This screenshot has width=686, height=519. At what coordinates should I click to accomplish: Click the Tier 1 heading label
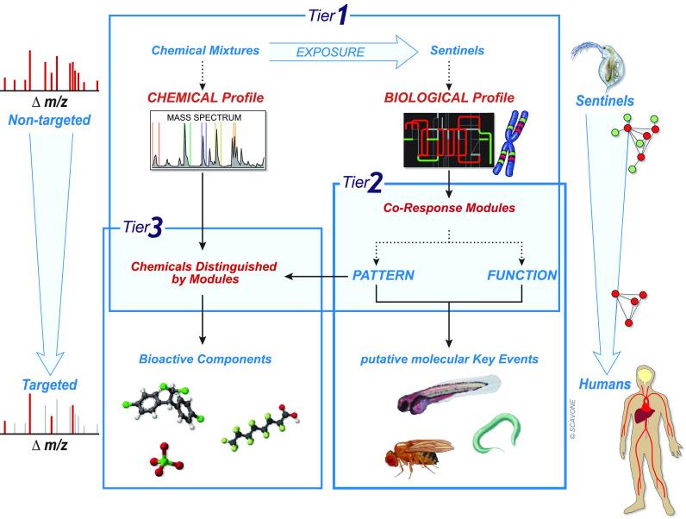(328, 16)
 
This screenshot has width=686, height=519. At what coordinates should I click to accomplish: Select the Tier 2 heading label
(363, 183)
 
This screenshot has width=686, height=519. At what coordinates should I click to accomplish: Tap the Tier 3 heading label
(142, 228)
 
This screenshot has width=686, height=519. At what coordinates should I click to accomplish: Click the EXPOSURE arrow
(344, 52)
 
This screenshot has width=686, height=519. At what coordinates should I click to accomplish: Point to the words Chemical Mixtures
(205, 50)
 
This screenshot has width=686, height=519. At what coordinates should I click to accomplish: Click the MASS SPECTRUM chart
(209, 140)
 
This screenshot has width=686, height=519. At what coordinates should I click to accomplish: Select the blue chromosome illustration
(511, 143)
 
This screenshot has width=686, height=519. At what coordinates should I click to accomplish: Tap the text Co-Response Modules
(449, 208)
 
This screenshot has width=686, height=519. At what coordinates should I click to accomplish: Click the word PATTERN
(384, 275)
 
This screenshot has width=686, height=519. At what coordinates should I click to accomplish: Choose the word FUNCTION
(522, 275)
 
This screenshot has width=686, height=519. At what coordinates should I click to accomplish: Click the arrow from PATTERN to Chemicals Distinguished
(316, 276)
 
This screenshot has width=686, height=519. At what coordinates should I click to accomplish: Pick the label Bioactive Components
(205, 360)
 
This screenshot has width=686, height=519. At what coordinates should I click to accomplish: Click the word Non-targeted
(49, 120)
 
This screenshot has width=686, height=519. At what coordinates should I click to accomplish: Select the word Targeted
(49, 385)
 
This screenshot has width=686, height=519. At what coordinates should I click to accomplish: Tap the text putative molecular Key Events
(449, 360)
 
